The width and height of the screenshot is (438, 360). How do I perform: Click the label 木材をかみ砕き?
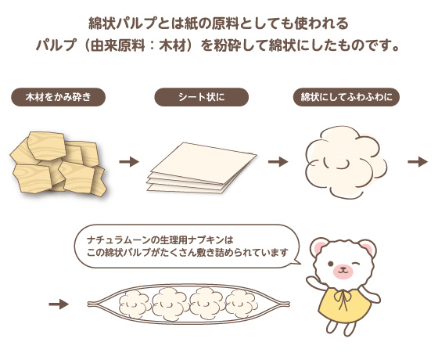58,97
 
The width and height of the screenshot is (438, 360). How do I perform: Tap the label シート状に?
202,97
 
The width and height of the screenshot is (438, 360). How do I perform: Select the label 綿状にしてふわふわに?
346,97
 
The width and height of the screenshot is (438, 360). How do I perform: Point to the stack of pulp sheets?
201,167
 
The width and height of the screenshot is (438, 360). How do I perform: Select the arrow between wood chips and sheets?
129,162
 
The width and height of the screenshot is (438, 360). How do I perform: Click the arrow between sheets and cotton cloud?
278,162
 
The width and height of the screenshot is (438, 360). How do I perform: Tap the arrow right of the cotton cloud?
418,162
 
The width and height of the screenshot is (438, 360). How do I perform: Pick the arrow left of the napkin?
59,304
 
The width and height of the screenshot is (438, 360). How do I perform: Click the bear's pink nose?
343,270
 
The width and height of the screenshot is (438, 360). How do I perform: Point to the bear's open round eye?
330,264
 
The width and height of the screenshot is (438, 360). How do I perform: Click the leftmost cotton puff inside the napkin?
135,304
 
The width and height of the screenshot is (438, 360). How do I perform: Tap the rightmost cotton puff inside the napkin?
242,304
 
